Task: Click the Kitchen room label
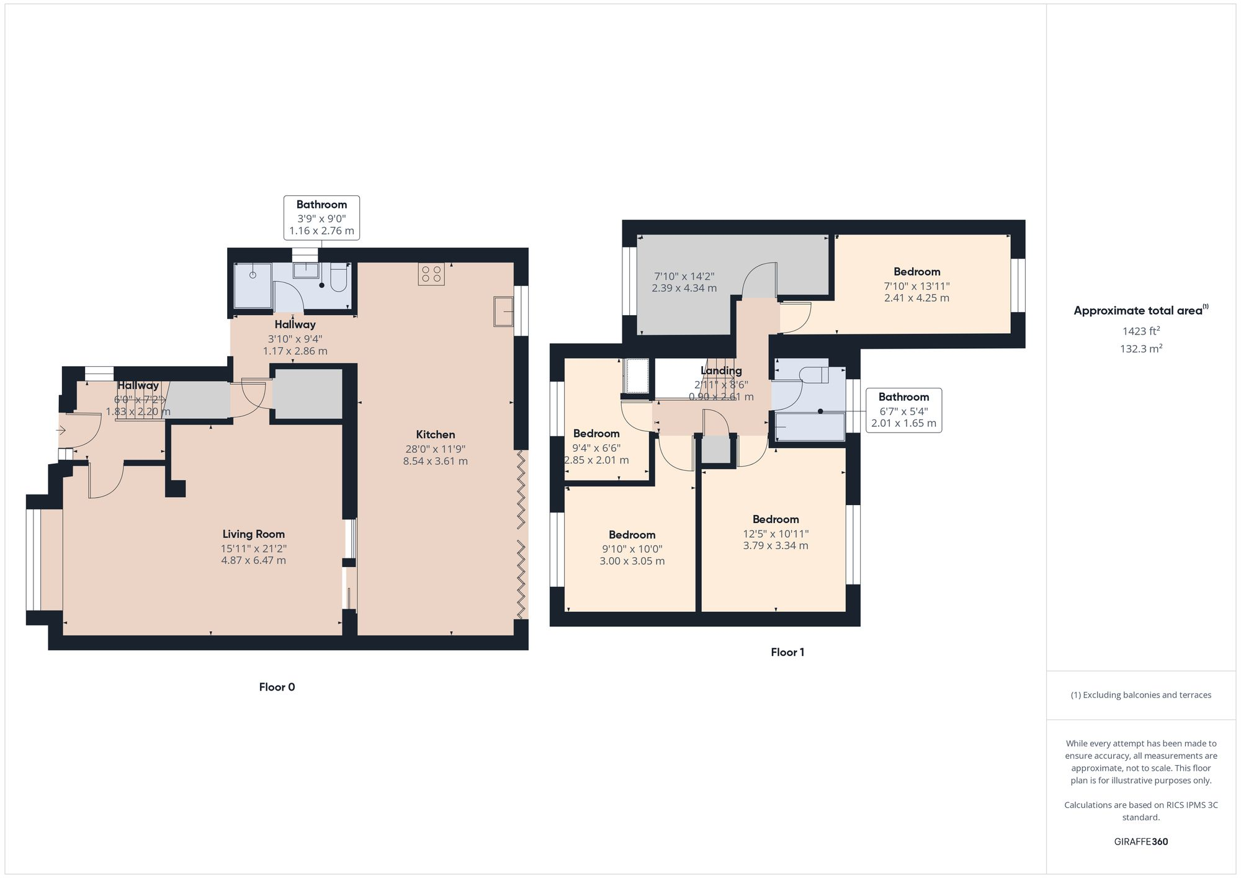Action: point(435,434)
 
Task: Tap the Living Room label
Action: point(253,534)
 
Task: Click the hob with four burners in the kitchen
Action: point(431,274)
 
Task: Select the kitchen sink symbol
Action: point(503,311)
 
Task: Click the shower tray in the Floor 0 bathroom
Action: point(253,285)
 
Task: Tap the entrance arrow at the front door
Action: point(61,430)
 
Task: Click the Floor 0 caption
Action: point(277,687)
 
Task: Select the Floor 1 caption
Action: point(787,652)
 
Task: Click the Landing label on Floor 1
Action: point(721,370)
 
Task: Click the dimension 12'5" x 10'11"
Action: point(776,534)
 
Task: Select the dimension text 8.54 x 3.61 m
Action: point(435,461)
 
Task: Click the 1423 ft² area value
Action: point(1140,331)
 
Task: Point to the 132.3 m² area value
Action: point(1140,349)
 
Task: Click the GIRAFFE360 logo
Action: point(1140,841)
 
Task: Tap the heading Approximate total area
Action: point(1138,311)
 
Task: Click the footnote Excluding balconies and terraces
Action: point(1140,695)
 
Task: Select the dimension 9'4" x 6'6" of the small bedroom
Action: point(596,448)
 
